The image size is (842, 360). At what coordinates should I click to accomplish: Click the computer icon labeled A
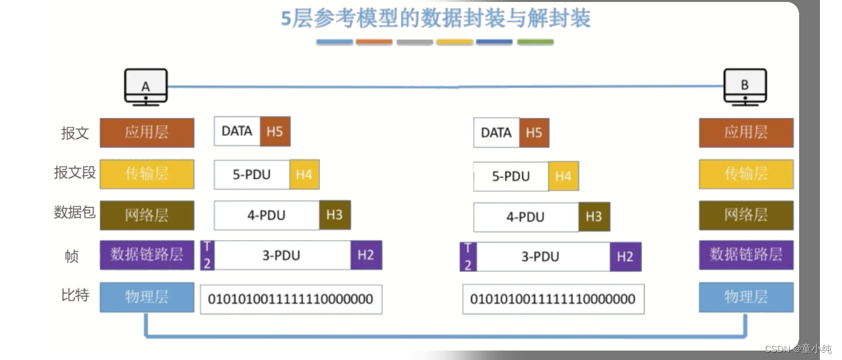[x=146, y=86]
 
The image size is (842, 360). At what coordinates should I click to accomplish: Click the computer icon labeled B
[x=745, y=86]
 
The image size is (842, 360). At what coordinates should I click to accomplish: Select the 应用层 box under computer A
[x=147, y=132]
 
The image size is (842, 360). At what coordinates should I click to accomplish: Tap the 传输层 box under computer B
[x=746, y=173]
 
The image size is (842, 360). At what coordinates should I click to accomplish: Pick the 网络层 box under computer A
[x=147, y=215]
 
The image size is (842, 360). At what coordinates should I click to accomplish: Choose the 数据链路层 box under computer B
[x=746, y=254]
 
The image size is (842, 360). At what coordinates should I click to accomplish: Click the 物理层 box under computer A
[x=147, y=296]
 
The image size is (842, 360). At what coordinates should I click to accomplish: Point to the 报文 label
[x=75, y=132]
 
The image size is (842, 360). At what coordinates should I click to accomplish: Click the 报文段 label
[x=75, y=173]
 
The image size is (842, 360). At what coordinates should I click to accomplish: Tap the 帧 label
[x=72, y=256]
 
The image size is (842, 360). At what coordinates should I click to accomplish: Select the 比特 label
[x=75, y=295]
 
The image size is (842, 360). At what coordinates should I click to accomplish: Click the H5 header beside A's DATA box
[x=274, y=132]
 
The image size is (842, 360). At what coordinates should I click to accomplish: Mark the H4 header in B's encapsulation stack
[x=563, y=176]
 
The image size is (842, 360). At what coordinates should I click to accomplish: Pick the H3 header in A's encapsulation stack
[x=335, y=215]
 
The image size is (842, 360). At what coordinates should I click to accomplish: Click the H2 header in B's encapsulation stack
[x=625, y=256]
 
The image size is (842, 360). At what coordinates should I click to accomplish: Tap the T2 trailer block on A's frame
[x=207, y=255]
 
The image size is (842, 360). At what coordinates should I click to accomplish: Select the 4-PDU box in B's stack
[x=525, y=217]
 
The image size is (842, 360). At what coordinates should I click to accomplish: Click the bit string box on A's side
[x=290, y=299]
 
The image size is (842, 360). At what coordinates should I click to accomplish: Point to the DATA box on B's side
[x=496, y=132]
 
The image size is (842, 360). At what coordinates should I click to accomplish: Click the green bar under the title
[x=535, y=42]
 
